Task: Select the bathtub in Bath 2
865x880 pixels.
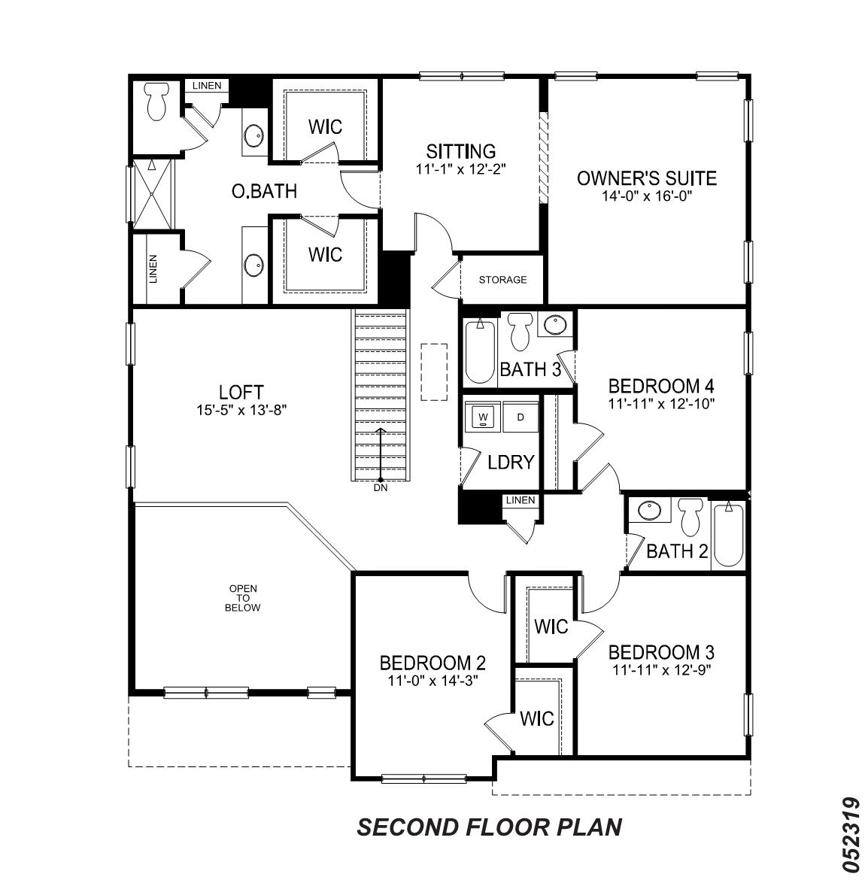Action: [x=728, y=535]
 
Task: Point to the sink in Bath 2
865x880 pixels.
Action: [x=649, y=511]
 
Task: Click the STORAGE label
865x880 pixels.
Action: [x=503, y=280]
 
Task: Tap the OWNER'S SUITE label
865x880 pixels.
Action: [x=646, y=179]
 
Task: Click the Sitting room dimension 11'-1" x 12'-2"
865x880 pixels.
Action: [x=461, y=169]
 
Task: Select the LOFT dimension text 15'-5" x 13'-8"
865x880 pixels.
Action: [x=241, y=410]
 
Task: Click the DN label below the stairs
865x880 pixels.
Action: [x=381, y=488]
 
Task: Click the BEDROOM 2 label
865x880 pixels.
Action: [x=432, y=663]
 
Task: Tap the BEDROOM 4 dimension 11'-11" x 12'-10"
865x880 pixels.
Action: [x=661, y=403]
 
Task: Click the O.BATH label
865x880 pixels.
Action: [x=263, y=192]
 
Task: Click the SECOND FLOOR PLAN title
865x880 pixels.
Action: [x=489, y=827]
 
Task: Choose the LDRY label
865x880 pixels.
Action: [x=511, y=462]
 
